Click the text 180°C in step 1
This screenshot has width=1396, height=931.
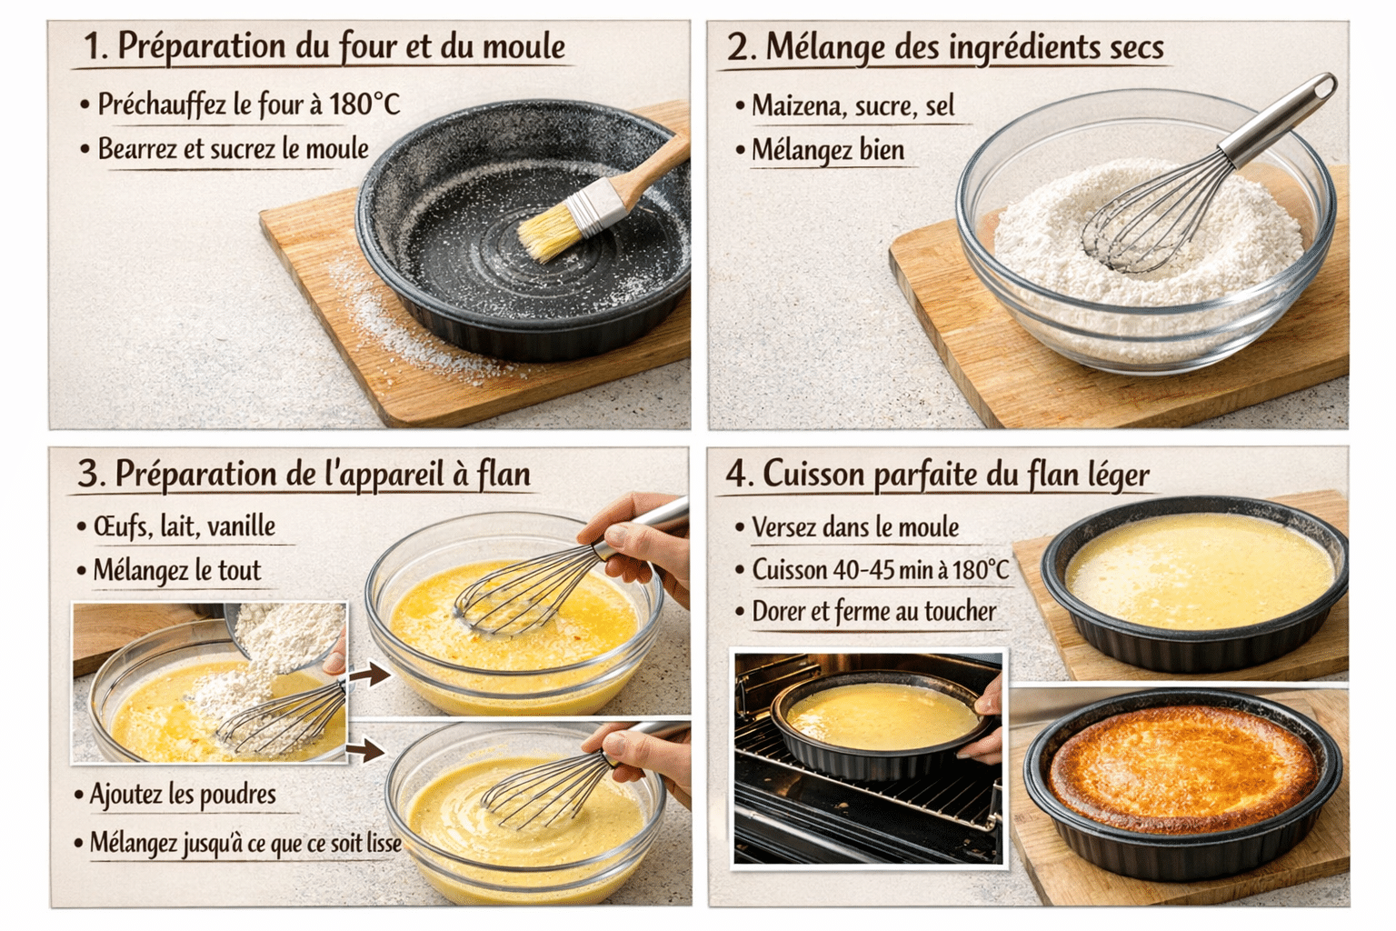[x=364, y=105]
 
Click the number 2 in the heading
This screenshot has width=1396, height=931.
[x=739, y=47]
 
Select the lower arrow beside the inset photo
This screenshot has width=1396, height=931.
[x=365, y=750]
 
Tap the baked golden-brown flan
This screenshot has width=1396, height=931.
[x=1182, y=771]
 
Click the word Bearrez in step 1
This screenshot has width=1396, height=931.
[x=137, y=149]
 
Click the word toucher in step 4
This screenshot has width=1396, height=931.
[x=960, y=612]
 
